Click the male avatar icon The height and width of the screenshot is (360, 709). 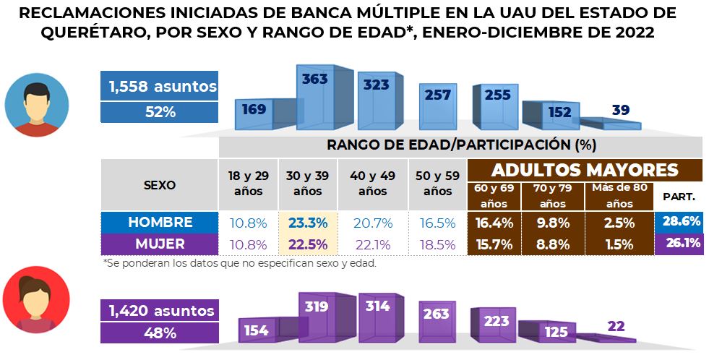tap(36, 105)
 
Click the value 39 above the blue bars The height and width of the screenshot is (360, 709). tap(620, 110)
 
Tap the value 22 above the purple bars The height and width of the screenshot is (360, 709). tap(616, 326)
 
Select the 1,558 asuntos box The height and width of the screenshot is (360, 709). tap(159, 87)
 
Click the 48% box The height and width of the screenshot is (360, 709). tap(159, 333)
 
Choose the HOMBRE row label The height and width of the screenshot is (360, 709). tap(159, 222)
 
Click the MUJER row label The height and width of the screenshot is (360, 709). tap(159, 244)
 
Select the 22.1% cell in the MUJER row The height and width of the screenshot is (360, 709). tap(374, 244)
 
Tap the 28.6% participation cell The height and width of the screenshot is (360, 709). tap(681, 222)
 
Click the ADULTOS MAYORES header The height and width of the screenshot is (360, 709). tap(585, 170)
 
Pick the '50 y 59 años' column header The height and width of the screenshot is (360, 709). tap(437, 185)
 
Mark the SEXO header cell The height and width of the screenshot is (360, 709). tap(159, 184)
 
